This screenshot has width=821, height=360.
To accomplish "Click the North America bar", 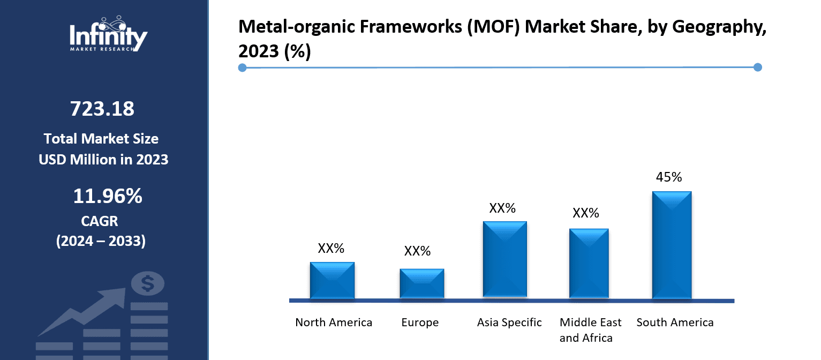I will pyautogui.click(x=332, y=280).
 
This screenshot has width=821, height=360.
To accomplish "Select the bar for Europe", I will pyautogui.click(x=422, y=283).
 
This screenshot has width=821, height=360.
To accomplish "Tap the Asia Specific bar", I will pyautogui.click(x=504, y=259).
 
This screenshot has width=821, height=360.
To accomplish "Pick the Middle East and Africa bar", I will pyautogui.click(x=589, y=263).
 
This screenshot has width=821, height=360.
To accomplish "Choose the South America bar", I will pyautogui.click(x=672, y=244).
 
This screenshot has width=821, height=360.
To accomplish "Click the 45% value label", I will pyautogui.click(x=669, y=177).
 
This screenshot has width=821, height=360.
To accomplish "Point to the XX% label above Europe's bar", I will pyautogui.click(x=417, y=251).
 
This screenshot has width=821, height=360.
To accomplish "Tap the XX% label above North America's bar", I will pyautogui.click(x=331, y=249).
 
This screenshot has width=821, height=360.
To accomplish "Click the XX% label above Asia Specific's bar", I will pyautogui.click(x=502, y=208).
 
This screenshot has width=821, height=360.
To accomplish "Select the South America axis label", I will pyautogui.click(x=675, y=322).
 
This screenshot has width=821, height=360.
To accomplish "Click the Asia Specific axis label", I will pyautogui.click(x=509, y=322).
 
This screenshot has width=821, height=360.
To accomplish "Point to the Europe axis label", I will pyautogui.click(x=420, y=322).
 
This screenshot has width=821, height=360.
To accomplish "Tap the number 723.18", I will pyautogui.click(x=102, y=109).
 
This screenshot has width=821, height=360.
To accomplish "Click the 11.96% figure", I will pyautogui.click(x=108, y=197).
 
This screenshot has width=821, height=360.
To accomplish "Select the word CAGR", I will pyautogui.click(x=100, y=221).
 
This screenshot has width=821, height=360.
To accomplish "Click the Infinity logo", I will pyautogui.click(x=108, y=34).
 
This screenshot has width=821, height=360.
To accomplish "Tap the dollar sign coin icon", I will pyautogui.click(x=147, y=283).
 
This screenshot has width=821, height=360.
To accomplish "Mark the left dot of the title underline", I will pyautogui.click(x=242, y=67).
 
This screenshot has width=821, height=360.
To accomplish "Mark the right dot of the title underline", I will pyautogui.click(x=757, y=67).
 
